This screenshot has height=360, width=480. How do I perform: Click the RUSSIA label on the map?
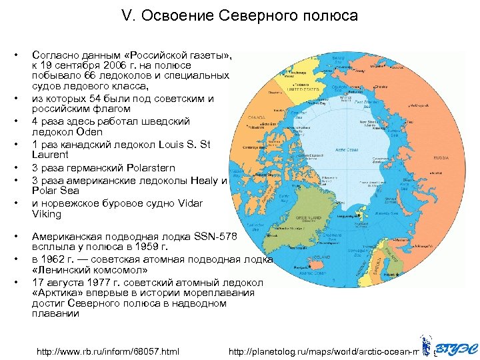(441, 158)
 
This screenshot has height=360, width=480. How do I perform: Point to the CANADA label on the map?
(257, 117)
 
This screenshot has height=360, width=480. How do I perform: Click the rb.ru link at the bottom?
(108, 351)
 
